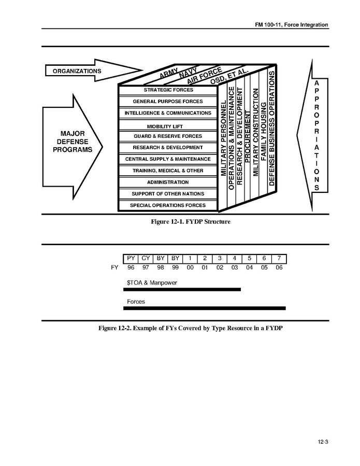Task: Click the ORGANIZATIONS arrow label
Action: point(77,71)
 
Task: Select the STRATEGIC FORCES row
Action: point(168,90)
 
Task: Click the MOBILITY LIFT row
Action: point(168,126)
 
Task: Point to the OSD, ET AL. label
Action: point(229,76)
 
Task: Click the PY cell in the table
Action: point(131,258)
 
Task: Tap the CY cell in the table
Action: point(146,258)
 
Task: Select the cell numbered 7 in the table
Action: point(279,258)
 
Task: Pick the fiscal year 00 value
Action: point(190,268)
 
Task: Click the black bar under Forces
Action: point(204,308)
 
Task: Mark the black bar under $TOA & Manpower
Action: point(182,289)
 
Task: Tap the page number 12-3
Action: point(323,442)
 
